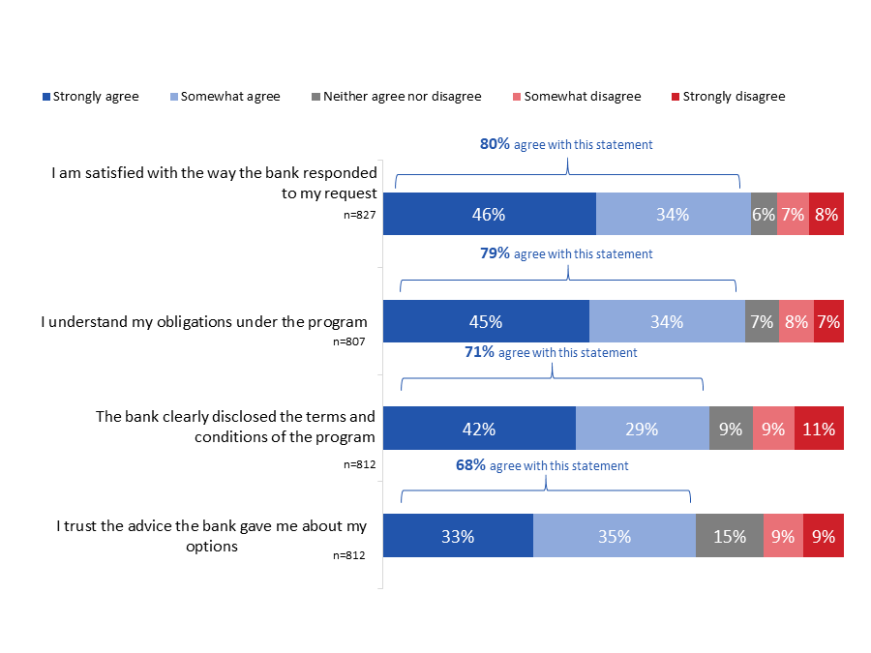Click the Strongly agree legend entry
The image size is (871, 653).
tap(90, 97)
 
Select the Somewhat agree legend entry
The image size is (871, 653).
tap(225, 97)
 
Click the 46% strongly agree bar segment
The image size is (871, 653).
tap(489, 215)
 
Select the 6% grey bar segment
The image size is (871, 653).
tap(764, 215)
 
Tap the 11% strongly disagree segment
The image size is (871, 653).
tap(819, 429)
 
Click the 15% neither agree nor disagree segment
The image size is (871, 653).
tap(729, 536)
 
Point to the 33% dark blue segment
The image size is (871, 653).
tap(458, 536)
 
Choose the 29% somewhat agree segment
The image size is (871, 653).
tap(642, 429)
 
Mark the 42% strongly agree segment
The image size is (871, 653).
tap(479, 429)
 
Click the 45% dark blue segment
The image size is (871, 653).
tap(486, 321)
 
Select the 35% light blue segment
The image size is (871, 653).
tap(614, 536)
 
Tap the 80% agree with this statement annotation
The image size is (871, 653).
tap(566, 144)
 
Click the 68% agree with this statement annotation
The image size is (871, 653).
tap(542, 465)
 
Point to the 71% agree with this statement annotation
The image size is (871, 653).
tap(551, 352)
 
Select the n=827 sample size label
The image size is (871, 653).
tap(359, 215)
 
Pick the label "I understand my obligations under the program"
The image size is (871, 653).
tap(203, 321)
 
